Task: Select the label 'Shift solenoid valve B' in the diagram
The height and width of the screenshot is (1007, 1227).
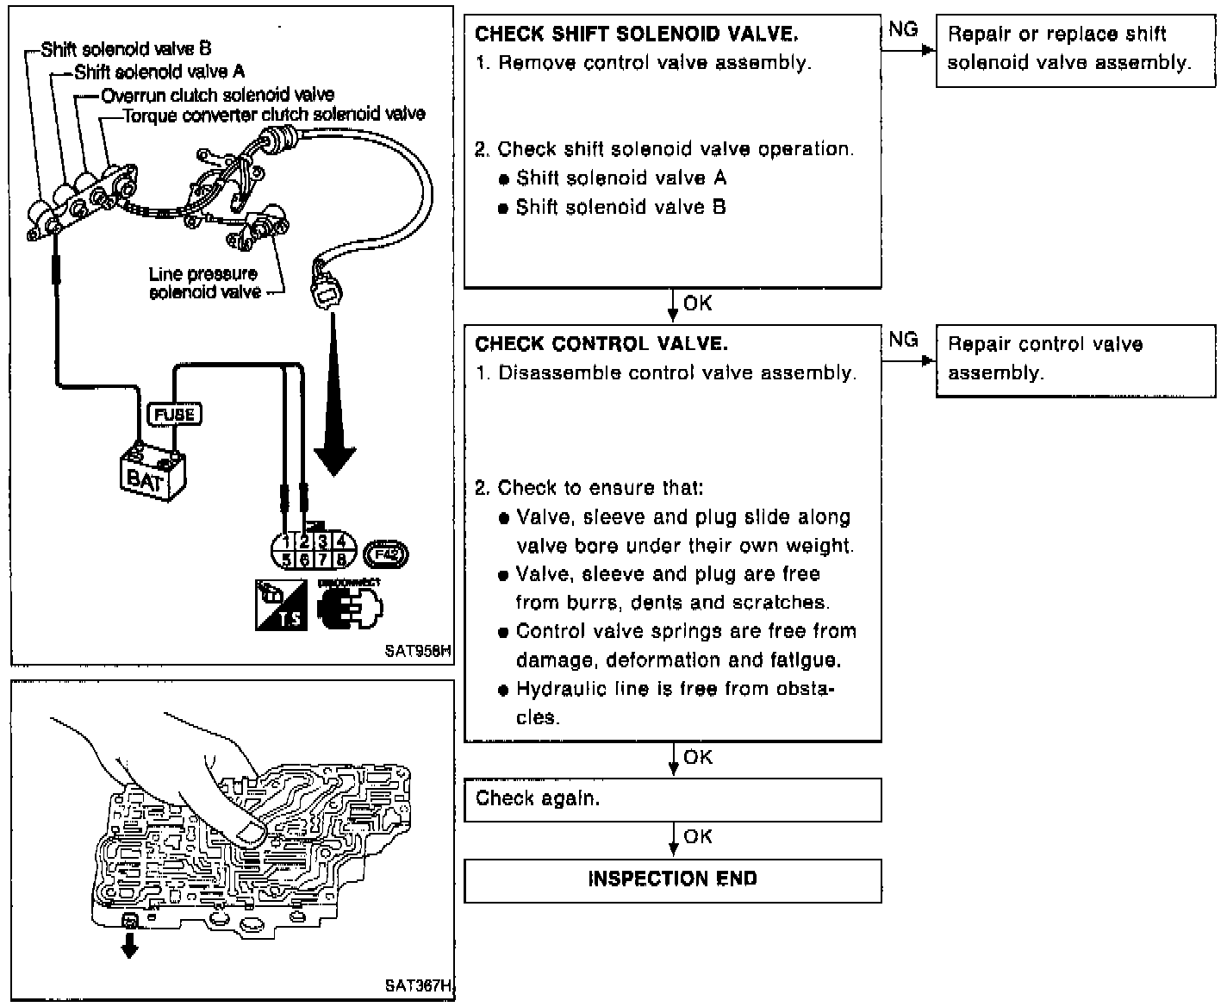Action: (126, 49)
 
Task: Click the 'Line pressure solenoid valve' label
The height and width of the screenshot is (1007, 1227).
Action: (204, 283)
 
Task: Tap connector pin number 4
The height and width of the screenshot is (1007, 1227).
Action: (341, 541)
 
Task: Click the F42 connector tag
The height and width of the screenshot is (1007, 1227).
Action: (386, 554)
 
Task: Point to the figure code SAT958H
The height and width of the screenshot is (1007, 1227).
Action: (418, 652)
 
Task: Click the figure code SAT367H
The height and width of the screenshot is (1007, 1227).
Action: (418, 985)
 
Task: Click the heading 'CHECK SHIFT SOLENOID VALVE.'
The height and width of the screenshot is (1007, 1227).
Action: (636, 34)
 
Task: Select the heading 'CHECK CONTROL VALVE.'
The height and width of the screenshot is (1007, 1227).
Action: (601, 344)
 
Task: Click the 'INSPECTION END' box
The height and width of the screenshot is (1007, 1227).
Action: (672, 879)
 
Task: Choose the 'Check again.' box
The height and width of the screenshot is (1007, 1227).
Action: (672, 799)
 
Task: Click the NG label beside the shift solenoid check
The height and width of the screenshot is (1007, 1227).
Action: (902, 29)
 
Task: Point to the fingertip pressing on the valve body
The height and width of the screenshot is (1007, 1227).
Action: (251, 829)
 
